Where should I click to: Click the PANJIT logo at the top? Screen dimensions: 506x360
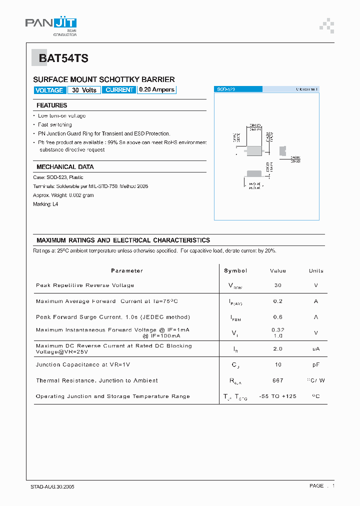(50, 23)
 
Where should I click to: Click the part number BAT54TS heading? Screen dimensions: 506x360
(63, 58)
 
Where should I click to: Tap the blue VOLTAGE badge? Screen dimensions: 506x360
(49, 90)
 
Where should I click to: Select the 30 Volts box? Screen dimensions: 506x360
(84, 90)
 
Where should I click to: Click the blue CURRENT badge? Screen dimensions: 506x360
(119, 90)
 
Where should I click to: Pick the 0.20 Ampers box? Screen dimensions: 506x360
(156, 90)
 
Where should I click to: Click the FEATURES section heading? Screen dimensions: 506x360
(51, 105)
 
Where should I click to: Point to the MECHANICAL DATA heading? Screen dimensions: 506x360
(65, 167)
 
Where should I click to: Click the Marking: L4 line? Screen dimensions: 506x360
(45, 204)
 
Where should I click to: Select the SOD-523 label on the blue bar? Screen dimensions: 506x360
(225, 89)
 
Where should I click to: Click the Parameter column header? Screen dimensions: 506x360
(126, 270)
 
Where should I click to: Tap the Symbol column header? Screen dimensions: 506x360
(235, 270)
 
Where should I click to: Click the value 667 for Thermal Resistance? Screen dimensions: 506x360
(277, 380)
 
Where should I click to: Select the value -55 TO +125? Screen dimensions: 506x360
(277, 396)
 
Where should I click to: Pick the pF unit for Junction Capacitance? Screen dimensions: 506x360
(316, 365)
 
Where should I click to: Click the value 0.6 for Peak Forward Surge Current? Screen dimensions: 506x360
(277, 317)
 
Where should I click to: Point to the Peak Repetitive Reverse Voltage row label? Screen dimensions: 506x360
(85, 285)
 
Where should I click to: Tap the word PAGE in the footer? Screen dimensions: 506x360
(316, 486)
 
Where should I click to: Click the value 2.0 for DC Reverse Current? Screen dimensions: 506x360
(277, 349)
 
